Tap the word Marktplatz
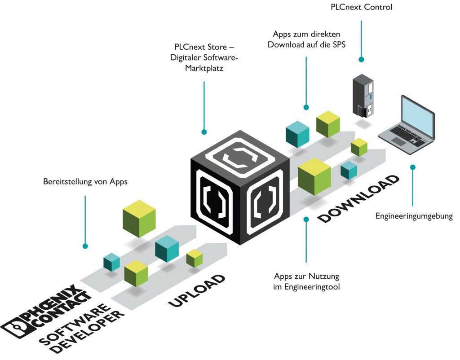coord(204,69)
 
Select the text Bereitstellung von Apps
coord(85,182)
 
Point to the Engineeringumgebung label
coord(414,216)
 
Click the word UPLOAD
coord(197,290)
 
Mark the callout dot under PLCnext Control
coord(360,59)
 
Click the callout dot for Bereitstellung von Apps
coord(85,246)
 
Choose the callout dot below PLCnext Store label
coord(204,132)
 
